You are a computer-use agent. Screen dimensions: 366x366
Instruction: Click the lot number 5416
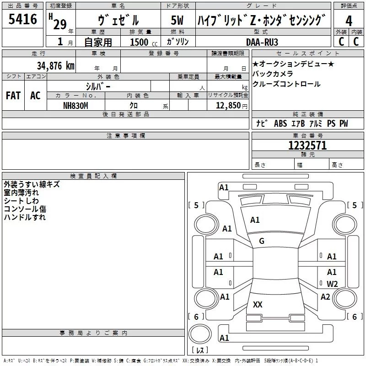[22, 20]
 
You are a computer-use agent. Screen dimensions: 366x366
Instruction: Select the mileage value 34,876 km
[55, 65]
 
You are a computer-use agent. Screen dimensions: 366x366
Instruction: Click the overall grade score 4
[349, 21]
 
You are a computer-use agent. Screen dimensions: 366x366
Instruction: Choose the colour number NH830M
[75, 106]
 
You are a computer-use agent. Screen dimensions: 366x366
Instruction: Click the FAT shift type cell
[13, 96]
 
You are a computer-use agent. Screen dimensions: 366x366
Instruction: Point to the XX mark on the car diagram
[258, 305]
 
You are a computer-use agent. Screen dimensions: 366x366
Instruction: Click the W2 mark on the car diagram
[332, 284]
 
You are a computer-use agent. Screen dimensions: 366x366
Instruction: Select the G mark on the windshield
[262, 241]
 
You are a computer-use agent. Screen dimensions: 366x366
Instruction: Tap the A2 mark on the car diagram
[325, 297]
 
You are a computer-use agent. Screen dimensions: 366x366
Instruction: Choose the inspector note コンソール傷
[25, 209]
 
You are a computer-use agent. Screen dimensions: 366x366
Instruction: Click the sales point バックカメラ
[273, 74]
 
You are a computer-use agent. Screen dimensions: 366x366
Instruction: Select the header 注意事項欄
[126, 136]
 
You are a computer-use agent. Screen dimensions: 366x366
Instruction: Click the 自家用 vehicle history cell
[98, 42]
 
